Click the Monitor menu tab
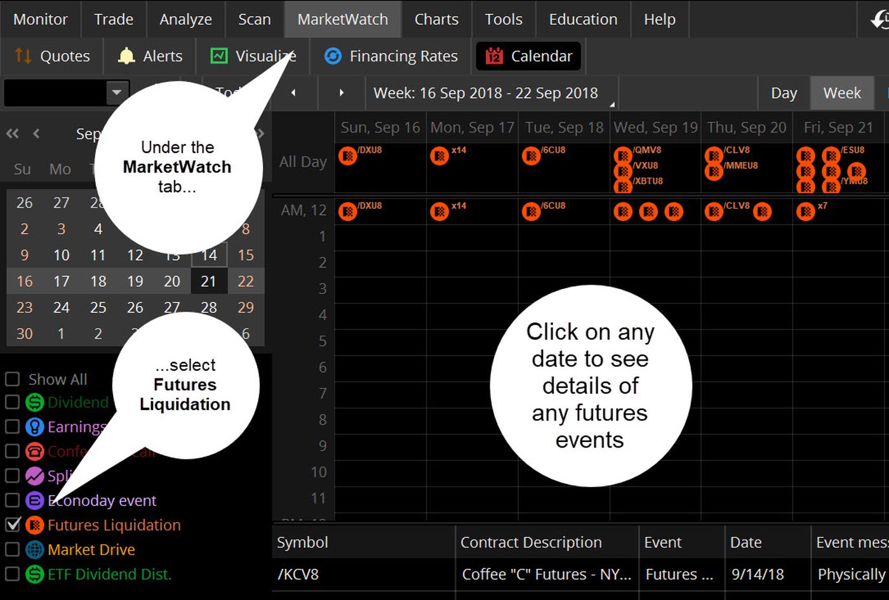point(40,19)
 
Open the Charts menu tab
point(436,19)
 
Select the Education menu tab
point(583,19)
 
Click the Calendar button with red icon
point(528,56)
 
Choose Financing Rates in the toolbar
point(391,56)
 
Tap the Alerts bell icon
point(126,56)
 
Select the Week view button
point(842,93)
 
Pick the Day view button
point(784,93)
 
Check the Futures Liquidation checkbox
point(12,524)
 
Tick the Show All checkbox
point(12,379)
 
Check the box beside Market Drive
point(12,549)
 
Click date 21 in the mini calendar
point(208,281)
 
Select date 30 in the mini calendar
point(24,333)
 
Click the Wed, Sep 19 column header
point(655,127)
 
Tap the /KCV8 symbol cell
point(298,574)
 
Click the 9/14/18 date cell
point(758,574)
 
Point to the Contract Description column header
point(531,542)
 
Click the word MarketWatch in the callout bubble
point(177,167)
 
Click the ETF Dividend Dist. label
point(109,574)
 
